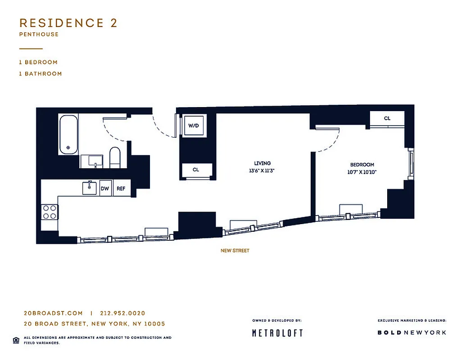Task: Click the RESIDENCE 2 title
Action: (x=68, y=23)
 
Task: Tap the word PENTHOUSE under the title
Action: (x=39, y=34)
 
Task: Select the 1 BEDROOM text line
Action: (x=38, y=62)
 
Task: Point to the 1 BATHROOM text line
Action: (x=41, y=73)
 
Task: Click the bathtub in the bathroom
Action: (x=68, y=134)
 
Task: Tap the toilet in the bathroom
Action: (x=115, y=157)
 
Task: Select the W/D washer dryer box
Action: (x=194, y=126)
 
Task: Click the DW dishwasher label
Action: (x=105, y=189)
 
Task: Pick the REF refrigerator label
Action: (x=121, y=189)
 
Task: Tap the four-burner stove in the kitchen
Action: (x=50, y=212)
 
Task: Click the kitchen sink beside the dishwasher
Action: (x=90, y=188)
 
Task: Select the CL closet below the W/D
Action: (x=196, y=170)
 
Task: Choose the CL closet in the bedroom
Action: (x=387, y=118)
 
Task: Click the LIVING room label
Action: (x=262, y=163)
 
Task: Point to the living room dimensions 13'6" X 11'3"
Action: (x=262, y=171)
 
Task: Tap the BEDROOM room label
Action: (x=362, y=165)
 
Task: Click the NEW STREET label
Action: (x=235, y=251)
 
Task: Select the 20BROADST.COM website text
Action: (x=53, y=313)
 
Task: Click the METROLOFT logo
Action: (x=277, y=333)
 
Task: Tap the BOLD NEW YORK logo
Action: (x=412, y=333)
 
